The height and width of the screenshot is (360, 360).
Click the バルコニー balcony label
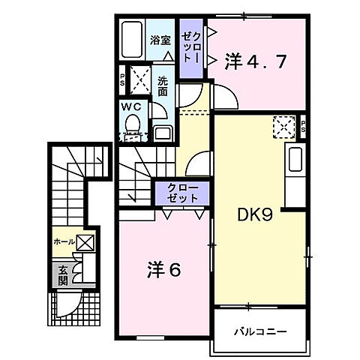pos(259,330)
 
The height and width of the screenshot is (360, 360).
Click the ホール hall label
pos(63,241)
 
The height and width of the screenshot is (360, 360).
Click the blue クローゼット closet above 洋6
pos(182,193)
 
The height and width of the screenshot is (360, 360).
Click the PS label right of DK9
pos(303,126)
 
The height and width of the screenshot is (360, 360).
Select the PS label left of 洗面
pos(121,77)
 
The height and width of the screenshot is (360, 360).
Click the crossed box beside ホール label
pos(85,241)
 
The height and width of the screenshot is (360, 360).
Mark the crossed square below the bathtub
pos(138,77)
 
